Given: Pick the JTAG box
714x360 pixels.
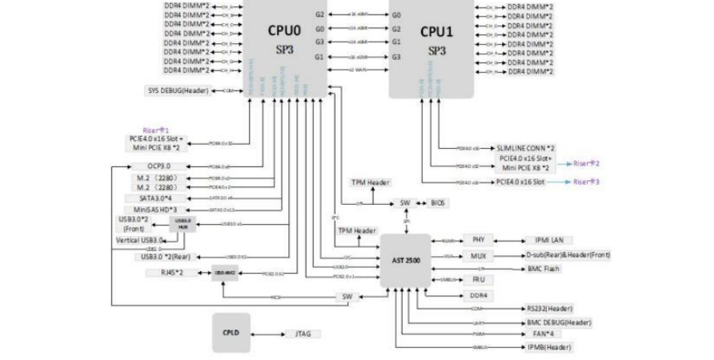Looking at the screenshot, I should (304, 334).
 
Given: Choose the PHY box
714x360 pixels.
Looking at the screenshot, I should (479, 239).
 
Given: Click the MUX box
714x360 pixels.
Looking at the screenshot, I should (479, 255).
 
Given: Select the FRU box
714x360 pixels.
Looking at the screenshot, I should (479, 279).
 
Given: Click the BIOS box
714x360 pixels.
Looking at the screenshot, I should (439, 203).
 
